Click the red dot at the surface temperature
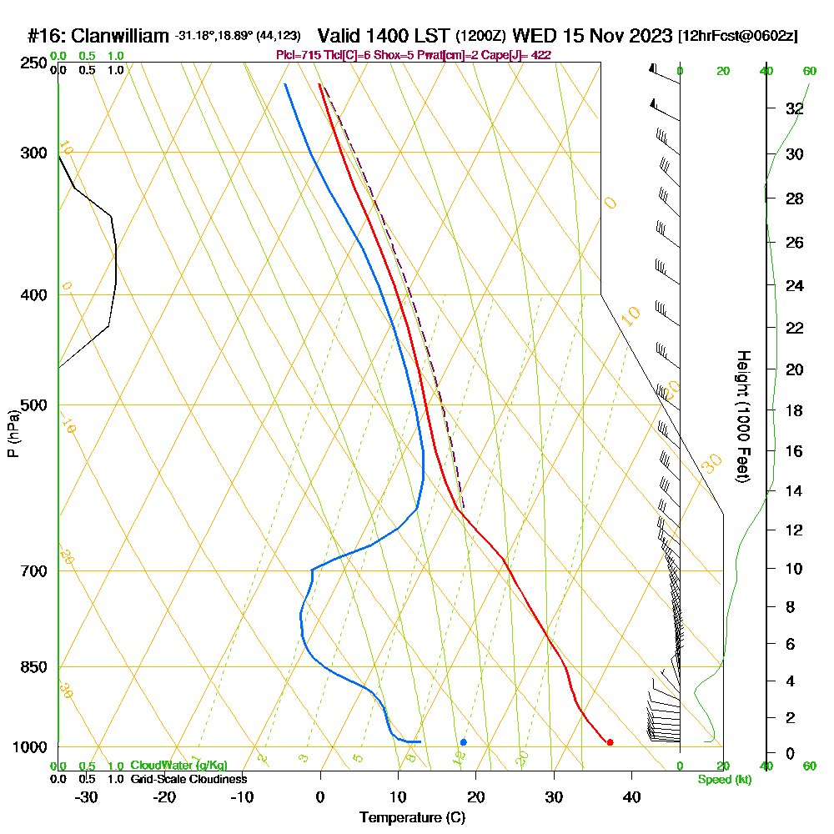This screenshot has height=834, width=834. [x=610, y=742]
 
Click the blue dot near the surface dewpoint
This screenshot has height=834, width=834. [x=463, y=742]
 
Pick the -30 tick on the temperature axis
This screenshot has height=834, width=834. [x=87, y=796]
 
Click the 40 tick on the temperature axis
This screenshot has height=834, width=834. [x=631, y=796]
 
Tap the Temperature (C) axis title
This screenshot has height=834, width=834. [x=412, y=818]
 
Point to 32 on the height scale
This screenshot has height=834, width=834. [x=794, y=108]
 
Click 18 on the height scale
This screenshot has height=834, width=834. [x=794, y=410]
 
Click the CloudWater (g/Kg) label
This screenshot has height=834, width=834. [x=178, y=766]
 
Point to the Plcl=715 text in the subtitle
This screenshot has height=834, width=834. [x=295, y=54]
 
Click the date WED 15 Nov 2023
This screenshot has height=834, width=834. [x=592, y=36]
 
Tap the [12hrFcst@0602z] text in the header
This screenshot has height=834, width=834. [x=738, y=36]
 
